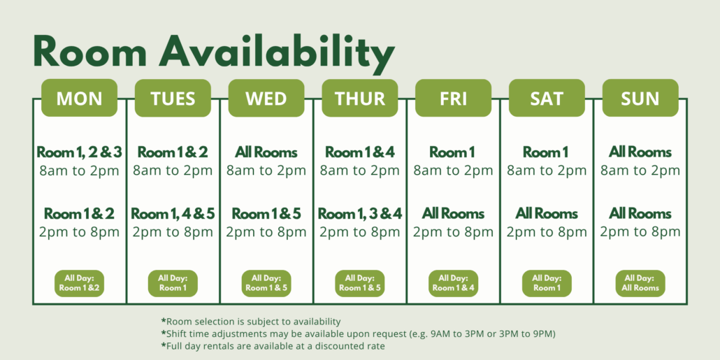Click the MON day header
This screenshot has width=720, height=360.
79,98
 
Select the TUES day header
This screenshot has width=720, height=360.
173,98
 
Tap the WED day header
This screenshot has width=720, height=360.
266,98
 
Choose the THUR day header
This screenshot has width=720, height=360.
360,98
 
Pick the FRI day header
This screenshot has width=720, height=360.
453,98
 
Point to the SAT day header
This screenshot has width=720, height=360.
547,98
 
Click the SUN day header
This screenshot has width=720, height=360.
640,98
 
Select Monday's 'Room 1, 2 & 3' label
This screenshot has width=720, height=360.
79,152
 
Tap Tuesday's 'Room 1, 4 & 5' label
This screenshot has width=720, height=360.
173,214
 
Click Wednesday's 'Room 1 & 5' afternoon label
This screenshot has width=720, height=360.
266,214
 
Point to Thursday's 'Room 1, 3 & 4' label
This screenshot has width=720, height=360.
360,214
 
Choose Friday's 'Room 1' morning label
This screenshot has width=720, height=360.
453,152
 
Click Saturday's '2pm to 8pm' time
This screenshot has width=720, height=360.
547,231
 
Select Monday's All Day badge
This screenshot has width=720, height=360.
79,283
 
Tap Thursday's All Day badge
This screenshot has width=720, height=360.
360,283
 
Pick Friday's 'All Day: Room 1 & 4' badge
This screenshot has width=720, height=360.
453,283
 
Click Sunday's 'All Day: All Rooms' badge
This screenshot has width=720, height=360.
640,283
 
